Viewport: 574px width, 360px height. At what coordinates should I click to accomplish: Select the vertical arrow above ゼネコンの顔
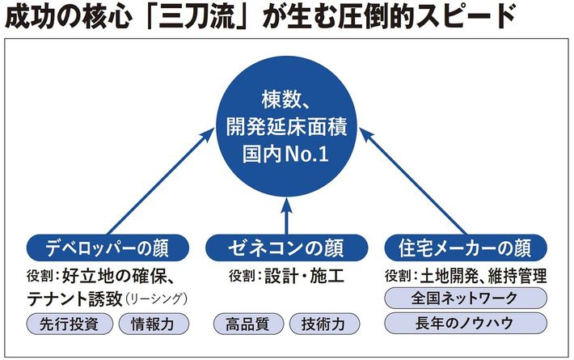tap(285, 214)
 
